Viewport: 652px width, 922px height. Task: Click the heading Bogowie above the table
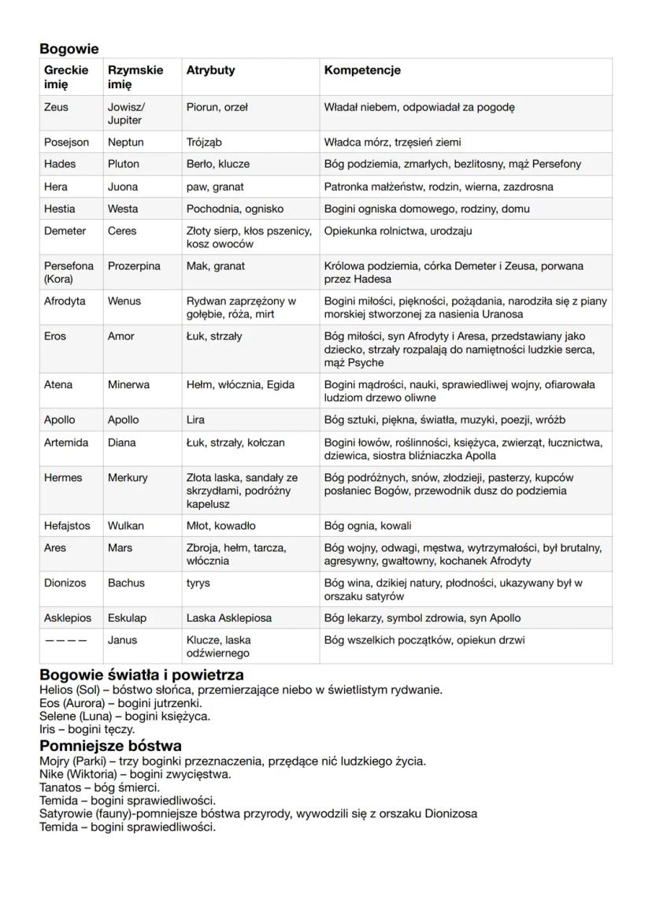69,49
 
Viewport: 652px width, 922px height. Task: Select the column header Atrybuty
210,70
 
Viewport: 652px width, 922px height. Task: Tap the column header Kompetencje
362,70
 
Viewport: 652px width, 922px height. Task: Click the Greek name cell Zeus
56,107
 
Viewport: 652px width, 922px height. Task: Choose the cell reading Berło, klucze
217,164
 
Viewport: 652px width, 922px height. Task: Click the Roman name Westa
123,209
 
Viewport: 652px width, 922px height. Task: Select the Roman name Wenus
124,301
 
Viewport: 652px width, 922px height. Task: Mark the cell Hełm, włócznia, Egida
240,384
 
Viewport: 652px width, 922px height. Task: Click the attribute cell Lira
195,420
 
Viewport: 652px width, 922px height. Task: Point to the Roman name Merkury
128,477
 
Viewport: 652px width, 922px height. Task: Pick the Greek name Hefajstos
67,525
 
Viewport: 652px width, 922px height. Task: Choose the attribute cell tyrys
198,583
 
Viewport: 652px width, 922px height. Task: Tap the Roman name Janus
122,640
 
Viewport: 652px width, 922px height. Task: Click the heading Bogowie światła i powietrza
142,675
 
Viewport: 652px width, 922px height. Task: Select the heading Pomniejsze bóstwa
110,745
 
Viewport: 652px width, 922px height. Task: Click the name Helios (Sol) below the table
68,690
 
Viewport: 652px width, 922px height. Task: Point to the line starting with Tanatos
99,787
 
